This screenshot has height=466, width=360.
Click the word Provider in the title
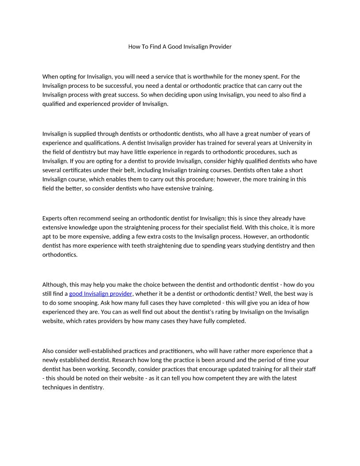click(219, 46)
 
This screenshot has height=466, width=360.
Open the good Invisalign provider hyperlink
click(101, 293)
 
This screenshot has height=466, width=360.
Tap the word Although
click(56, 285)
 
